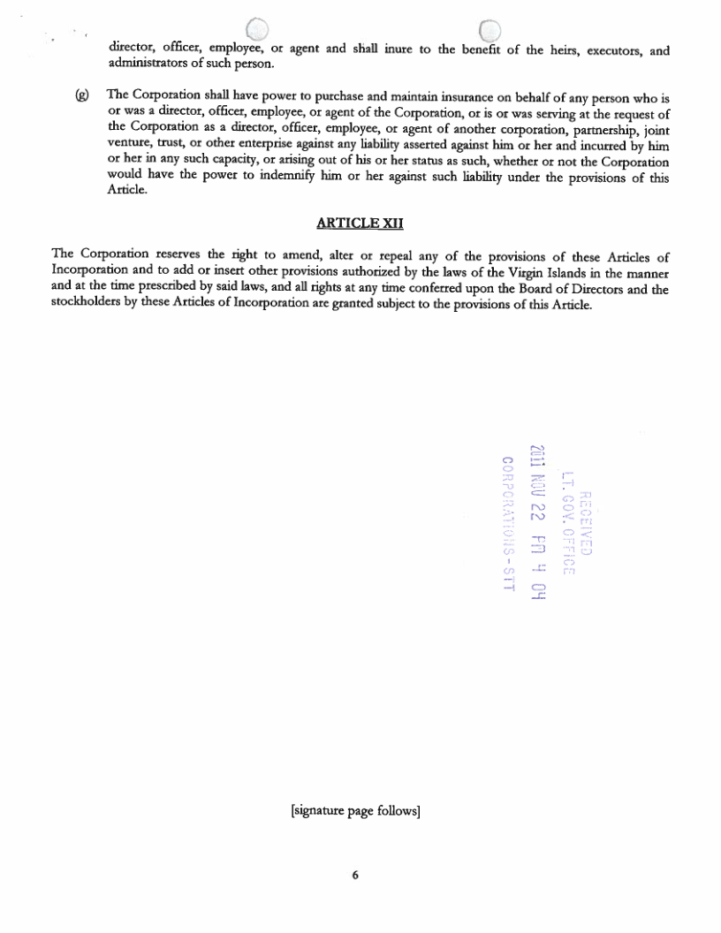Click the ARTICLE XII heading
pos(360,224)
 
